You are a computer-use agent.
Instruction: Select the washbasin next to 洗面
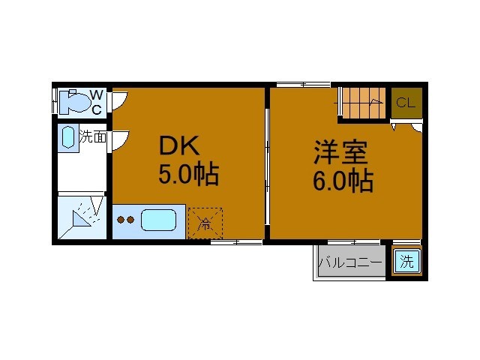[68, 138]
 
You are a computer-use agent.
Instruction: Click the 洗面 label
[94, 137]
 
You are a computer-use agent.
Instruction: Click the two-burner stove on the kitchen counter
[125, 221]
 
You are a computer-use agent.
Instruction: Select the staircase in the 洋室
[364, 103]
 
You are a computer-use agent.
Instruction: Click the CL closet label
[406, 103]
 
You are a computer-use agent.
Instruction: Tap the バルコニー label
[350, 263]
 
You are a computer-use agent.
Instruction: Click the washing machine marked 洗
[406, 262]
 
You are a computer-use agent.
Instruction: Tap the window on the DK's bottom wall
[235, 241]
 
